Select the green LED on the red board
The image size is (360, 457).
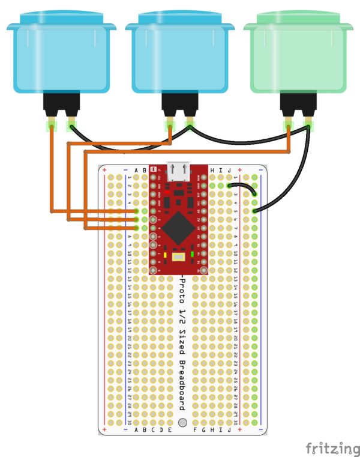coord(192,255)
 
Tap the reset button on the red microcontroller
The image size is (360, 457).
coord(179,257)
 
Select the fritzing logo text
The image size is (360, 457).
coord(332,447)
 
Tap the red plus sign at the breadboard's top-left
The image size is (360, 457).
coord(105,171)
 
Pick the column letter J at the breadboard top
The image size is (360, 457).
coord(229,171)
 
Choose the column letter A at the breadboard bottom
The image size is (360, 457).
coord(136,430)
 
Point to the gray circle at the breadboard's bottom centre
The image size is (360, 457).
coord(182,423)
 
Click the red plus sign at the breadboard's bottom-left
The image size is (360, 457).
coord(105,430)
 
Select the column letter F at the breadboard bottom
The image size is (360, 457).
coord(195,430)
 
